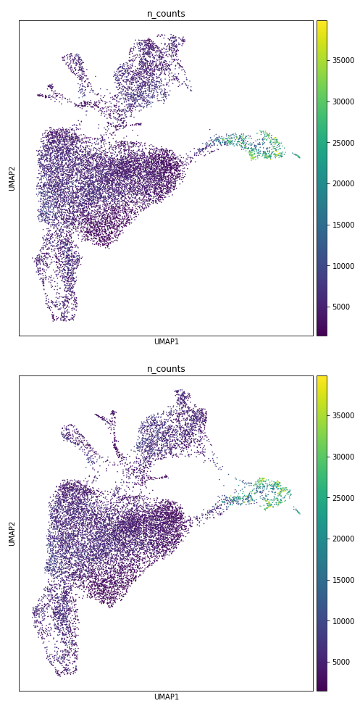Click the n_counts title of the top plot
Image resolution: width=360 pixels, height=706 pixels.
[x=166, y=14]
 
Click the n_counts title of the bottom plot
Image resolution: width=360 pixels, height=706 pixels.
[x=166, y=369]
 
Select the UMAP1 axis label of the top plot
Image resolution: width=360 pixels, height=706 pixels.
[x=166, y=342]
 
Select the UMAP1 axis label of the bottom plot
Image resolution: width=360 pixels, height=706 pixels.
[x=166, y=697]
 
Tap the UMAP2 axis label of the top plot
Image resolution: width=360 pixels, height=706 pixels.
[x=12, y=178]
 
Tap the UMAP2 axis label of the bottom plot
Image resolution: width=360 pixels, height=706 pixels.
[x=12, y=533]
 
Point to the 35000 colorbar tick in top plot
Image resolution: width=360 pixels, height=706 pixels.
[x=342, y=60]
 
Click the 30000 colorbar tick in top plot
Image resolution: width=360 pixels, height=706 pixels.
[x=342, y=101]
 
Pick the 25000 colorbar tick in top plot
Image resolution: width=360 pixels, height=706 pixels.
[x=342, y=143]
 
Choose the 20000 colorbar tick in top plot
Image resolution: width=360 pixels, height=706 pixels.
[x=342, y=183]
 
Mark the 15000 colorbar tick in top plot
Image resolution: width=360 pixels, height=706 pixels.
[x=342, y=225]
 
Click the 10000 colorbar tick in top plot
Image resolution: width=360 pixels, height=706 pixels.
[x=342, y=266]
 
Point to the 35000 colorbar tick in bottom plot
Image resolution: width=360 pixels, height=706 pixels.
[x=342, y=415]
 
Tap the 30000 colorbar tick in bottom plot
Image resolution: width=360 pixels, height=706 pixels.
[x=342, y=457]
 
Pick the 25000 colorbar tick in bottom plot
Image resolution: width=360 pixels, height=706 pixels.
[x=342, y=498]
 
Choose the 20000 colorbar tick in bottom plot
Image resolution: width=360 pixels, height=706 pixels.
[x=342, y=539]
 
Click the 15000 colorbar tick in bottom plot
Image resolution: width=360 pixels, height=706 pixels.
[x=342, y=580]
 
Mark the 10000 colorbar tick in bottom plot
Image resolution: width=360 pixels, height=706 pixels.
[x=342, y=621]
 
